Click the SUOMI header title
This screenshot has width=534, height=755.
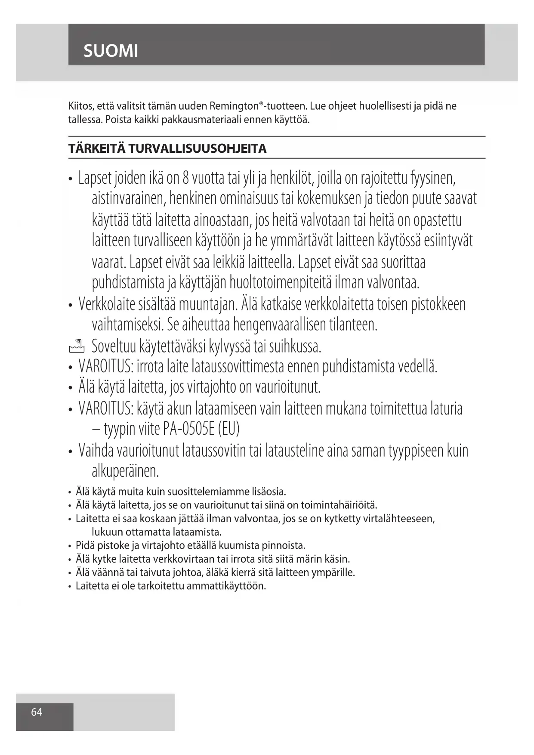pos(111,51)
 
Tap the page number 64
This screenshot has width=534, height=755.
pos(37,712)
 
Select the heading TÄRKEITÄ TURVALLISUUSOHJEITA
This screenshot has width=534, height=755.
pos(167,149)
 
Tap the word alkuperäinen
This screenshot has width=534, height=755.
pos(125,471)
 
